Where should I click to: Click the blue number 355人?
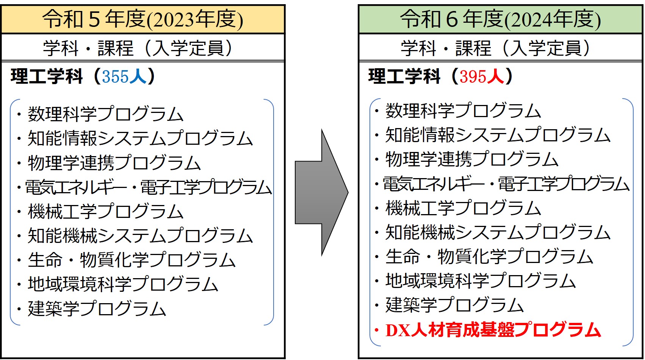point(124,77)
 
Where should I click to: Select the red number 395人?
point(482,77)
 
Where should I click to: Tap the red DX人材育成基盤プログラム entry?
point(493,330)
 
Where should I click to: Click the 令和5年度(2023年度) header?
point(143,19)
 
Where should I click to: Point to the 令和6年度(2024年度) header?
point(501,19)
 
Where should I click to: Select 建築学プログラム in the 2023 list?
point(97,308)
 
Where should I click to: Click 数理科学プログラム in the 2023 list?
point(106,114)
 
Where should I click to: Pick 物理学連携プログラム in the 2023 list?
point(114,163)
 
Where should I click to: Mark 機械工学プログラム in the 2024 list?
point(463,208)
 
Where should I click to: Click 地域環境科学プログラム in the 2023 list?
point(123,284)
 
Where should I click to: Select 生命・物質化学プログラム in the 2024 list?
point(489,257)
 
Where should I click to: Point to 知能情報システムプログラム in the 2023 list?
point(140,138)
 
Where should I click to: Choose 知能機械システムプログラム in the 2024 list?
point(498,232)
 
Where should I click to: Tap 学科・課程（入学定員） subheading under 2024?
point(496,48)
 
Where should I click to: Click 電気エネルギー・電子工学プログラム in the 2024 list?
point(506,184)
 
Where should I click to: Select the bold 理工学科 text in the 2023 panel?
point(47,77)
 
